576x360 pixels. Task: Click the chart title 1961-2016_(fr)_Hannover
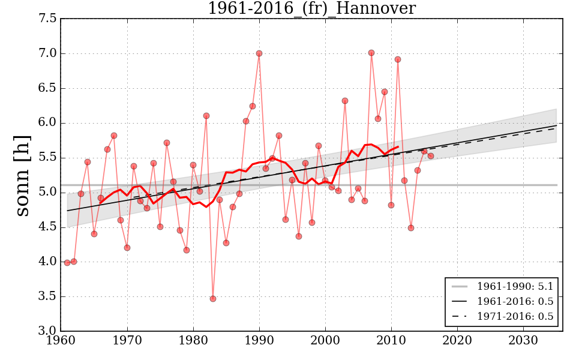311,8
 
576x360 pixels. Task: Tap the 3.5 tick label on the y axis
49,296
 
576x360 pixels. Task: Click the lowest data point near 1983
213,299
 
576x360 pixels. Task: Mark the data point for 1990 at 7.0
259,53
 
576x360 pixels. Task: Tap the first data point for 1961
67,263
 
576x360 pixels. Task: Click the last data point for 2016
431,156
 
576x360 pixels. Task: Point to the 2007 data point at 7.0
371,53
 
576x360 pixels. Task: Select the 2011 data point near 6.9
398,59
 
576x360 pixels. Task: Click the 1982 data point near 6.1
206,116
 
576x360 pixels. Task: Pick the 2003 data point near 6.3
345,101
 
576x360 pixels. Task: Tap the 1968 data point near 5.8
114,136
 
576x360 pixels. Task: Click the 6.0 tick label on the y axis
49,123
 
